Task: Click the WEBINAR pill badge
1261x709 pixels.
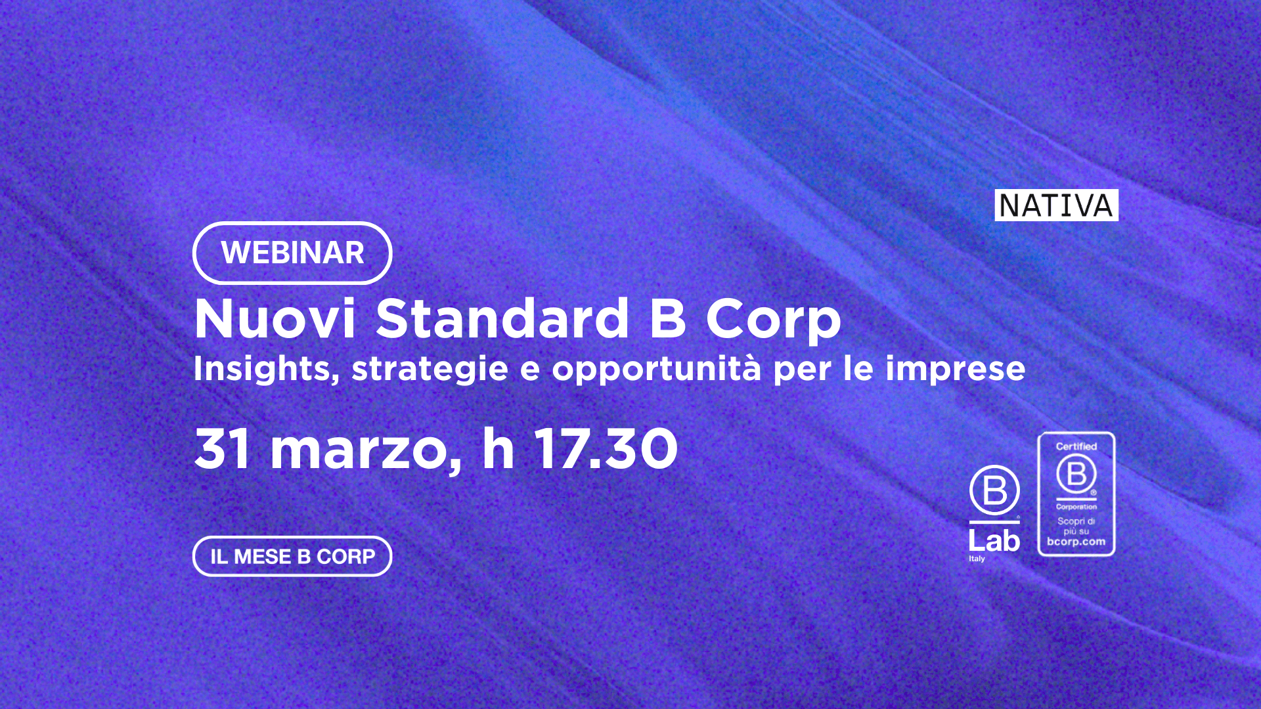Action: [x=292, y=253]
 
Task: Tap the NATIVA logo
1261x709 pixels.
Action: [x=1056, y=205]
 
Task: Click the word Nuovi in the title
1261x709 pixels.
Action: [x=275, y=318]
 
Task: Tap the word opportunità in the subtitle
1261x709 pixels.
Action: [x=656, y=369]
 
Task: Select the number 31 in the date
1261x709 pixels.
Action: [x=223, y=449]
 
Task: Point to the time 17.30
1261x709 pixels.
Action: [x=606, y=449]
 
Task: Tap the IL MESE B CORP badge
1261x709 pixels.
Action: [x=292, y=557]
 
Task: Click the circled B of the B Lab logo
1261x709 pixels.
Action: [x=994, y=490]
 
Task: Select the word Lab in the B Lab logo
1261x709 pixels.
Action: [x=994, y=541]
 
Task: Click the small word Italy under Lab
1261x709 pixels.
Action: [x=977, y=559]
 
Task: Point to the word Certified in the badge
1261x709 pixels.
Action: [x=1076, y=446]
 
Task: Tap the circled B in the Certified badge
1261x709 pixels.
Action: [x=1076, y=473]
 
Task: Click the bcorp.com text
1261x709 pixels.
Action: [x=1076, y=542]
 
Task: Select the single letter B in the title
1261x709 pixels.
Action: [x=668, y=318]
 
